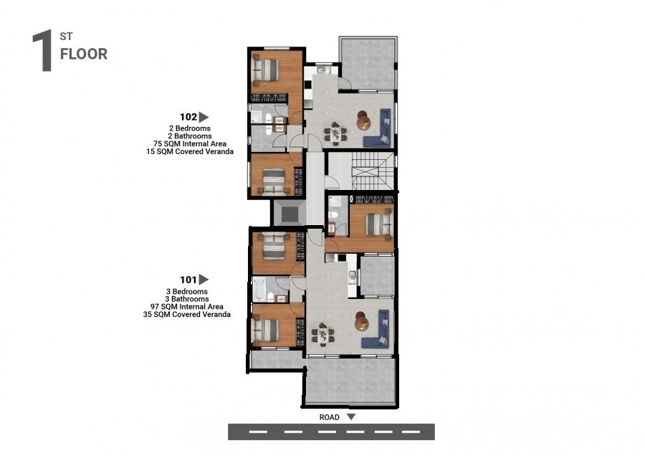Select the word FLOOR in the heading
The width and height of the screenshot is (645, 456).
coord(84,54)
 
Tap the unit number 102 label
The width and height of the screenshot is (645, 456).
coord(188,117)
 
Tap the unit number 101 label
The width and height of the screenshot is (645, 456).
coord(188,280)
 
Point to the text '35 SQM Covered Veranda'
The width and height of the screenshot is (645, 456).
coord(187,314)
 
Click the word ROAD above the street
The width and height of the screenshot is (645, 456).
coord(330,417)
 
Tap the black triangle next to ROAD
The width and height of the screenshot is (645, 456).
coord(350,417)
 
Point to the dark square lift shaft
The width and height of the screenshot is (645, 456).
coord(288,212)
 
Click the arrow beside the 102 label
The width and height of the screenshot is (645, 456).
coord(204,117)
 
